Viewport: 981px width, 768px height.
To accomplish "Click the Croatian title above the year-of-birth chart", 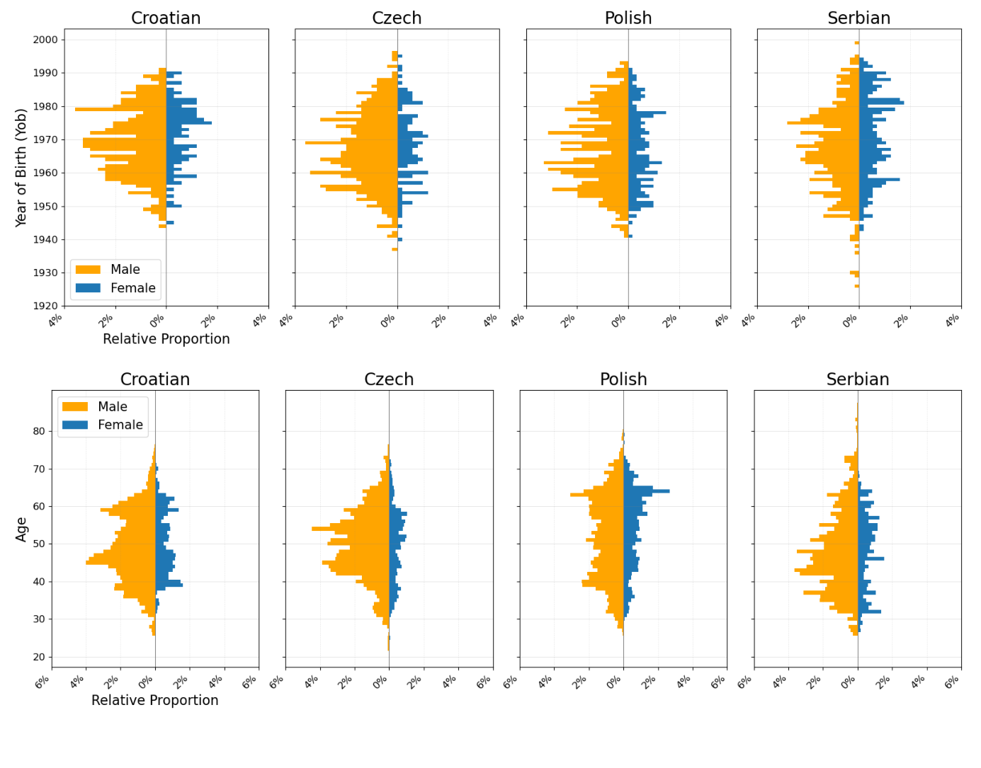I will [166, 18].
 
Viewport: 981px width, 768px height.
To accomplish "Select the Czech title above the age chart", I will [389, 379].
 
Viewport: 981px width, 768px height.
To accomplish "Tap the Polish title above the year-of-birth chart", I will [628, 18].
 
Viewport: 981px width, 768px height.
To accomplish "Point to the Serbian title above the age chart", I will [857, 379].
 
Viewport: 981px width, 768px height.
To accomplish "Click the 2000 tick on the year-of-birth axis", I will [45, 40].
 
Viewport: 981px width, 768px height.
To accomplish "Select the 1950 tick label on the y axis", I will [45, 206].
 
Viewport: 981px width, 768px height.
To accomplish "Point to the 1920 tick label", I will [45, 306].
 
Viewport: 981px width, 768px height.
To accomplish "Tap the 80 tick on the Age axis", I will [38, 431].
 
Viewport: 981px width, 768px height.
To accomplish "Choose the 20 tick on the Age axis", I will [38, 657].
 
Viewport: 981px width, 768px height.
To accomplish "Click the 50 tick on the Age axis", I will [38, 544].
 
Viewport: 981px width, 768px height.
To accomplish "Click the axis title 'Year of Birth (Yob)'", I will [21, 167].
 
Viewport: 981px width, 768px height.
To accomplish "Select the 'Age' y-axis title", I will [21, 529].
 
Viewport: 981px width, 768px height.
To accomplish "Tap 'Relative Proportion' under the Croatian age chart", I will [154, 700].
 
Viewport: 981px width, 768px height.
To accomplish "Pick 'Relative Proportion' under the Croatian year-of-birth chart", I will [166, 339].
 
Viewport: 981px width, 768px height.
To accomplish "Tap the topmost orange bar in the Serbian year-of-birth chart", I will [856, 43].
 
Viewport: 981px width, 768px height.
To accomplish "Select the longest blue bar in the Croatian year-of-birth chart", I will [188, 123].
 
